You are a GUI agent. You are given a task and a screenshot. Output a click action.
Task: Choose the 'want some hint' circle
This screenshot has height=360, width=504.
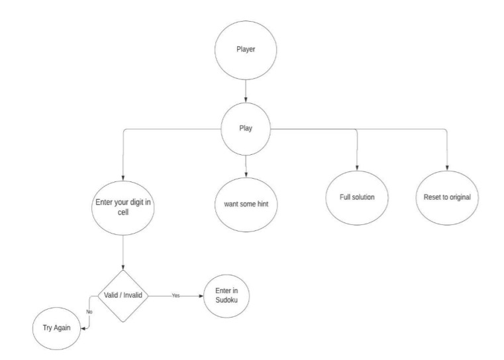246,202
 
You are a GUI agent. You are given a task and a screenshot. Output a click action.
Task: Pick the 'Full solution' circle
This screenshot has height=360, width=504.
357,198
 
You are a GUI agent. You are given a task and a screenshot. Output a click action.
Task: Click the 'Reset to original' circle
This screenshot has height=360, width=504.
446,198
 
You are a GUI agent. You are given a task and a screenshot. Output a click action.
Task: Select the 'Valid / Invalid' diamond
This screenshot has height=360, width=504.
123,295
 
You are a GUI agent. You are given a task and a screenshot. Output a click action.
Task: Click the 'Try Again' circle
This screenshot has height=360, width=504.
57,328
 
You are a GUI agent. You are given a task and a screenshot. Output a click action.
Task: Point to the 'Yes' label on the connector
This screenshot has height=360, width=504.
176,296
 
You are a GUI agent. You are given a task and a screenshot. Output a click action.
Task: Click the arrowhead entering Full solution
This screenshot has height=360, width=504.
357,170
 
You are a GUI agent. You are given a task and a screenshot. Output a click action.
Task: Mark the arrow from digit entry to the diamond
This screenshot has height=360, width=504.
124,251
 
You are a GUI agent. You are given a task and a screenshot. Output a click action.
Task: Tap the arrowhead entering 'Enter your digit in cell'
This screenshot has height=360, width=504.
124,171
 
